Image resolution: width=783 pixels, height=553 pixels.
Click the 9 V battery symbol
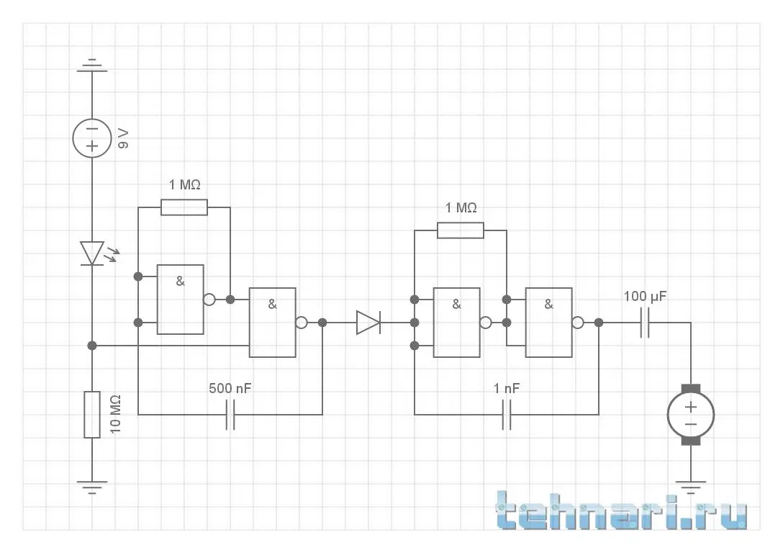(x=92, y=138)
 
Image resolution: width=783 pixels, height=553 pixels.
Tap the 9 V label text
(x=124, y=138)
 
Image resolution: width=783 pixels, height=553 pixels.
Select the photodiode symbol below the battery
(x=93, y=253)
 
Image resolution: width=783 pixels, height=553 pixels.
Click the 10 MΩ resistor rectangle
(x=92, y=415)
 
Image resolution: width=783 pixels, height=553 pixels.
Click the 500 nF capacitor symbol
(x=230, y=415)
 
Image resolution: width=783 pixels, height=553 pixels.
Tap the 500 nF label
(x=230, y=389)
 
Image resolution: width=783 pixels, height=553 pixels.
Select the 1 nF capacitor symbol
(x=507, y=415)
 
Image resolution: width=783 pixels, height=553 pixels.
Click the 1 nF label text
(x=507, y=389)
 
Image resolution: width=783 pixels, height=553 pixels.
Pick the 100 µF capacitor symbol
(x=645, y=323)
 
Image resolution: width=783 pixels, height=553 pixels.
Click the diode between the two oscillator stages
(x=368, y=323)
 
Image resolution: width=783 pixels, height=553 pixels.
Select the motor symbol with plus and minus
(x=691, y=415)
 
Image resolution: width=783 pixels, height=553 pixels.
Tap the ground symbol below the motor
(x=691, y=487)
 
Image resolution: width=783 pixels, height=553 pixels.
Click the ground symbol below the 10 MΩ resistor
(x=92, y=487)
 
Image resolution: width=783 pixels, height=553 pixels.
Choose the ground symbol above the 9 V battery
(x=92, y=66)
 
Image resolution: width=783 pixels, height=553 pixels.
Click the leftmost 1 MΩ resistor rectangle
(x=184, y=207)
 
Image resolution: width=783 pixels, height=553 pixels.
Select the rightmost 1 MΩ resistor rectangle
(x=461, y=230)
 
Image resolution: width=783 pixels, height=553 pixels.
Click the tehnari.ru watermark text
(x=622, y=513)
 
